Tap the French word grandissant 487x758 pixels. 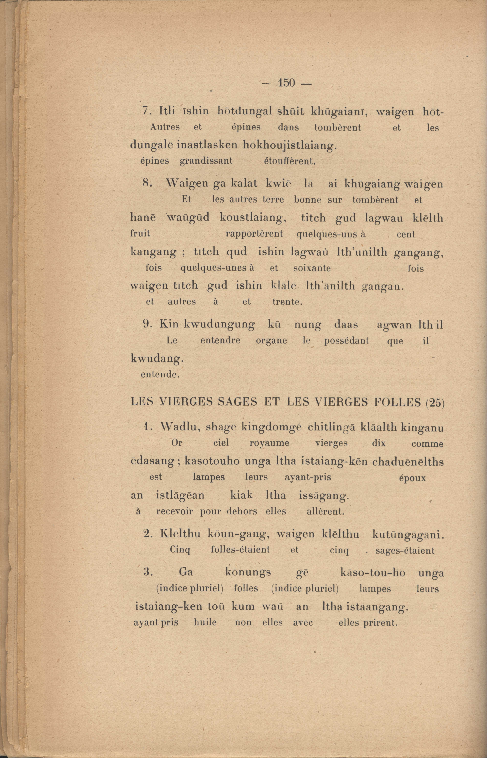pos(206,161)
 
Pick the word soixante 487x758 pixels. pos(312,268)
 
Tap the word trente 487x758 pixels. pos(287,302)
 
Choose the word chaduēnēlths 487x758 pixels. pos(408,462)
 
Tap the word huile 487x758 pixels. pos(205,623)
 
